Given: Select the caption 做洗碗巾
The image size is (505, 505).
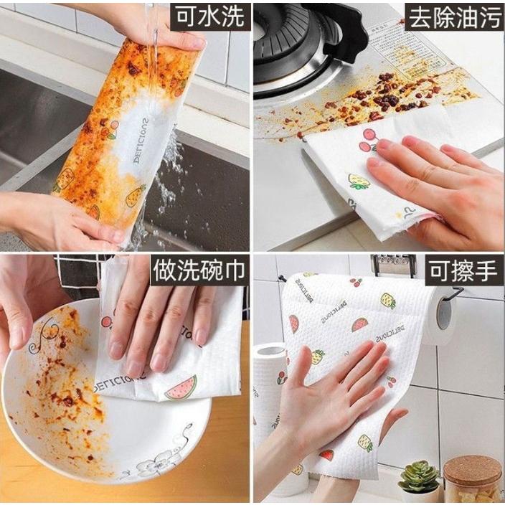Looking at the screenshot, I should click(199, 272).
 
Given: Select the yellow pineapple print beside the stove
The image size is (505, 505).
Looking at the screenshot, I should click(359, 181).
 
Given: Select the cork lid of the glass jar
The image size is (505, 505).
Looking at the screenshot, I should click(471, 469).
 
